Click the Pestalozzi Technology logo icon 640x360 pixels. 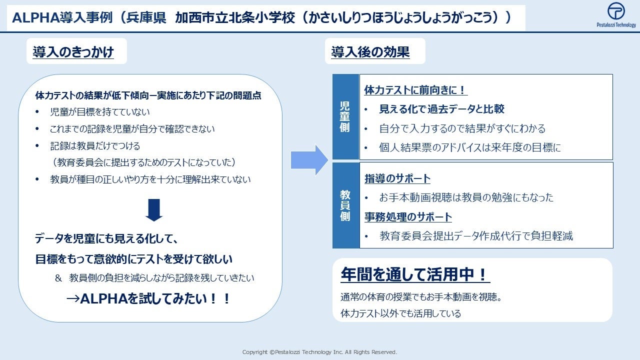(616, 12)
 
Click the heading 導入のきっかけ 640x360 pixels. (73, 52)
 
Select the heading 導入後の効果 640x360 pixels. (370, 52)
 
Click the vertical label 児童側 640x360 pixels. (345, 117)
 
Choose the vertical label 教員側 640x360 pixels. (345, 205)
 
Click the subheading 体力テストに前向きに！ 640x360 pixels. (415, 90)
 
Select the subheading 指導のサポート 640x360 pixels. (397, 178)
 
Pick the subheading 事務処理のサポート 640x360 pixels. (408, 217)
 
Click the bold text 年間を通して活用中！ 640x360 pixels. (415, 274)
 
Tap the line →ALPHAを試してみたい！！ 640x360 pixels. (148, 298)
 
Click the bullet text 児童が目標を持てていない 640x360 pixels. (100, 112)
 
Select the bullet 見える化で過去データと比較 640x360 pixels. (441, 109)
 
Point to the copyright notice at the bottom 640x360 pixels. (319, 352)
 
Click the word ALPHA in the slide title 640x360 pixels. (31, 18)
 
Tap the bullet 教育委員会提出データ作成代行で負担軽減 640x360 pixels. (476, 236)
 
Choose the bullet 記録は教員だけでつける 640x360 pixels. (95, 146)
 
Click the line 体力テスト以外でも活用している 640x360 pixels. (400, 313)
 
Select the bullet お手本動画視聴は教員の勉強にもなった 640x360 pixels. (466, 197)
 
